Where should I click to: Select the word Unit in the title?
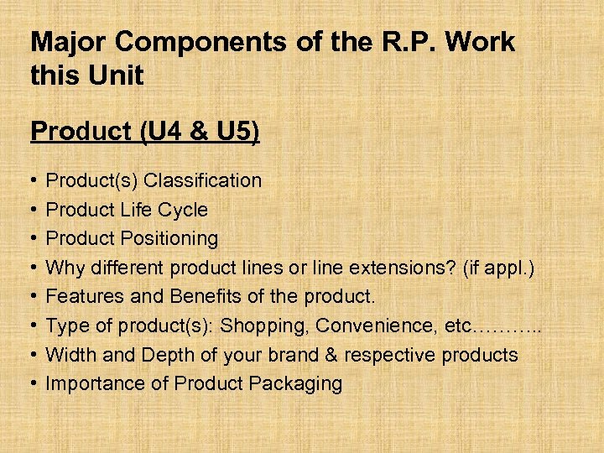pyautogui.click(x=117, y=76)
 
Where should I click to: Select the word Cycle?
pyautogui.click(x=183, y=210)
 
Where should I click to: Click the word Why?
pyautogui.click(x=64, y=268)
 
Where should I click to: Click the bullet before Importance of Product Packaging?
pyautogui.click(x=32, y=384)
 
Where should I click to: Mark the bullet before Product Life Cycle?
pyautogui.click(x=32, y=210)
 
